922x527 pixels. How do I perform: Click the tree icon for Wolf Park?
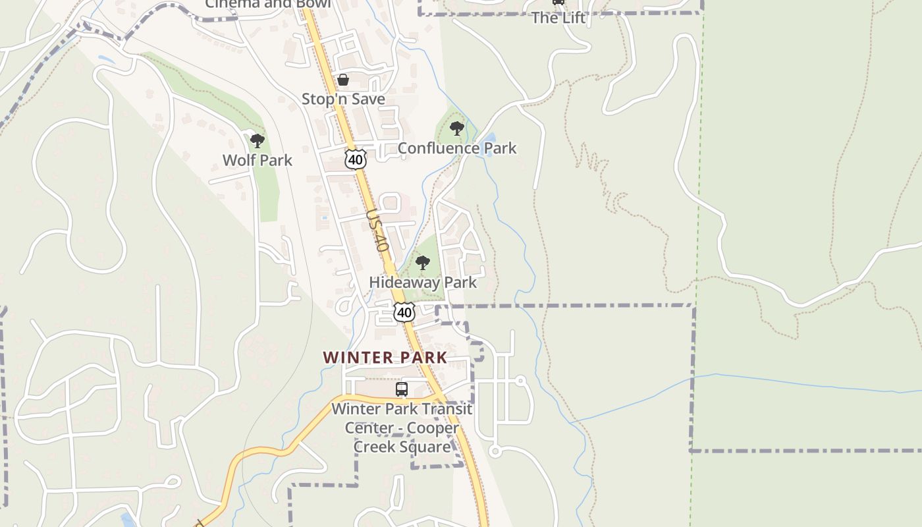(258, 140)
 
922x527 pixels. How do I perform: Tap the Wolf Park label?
(258, 160)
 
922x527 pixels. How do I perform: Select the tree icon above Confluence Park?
(456, 128)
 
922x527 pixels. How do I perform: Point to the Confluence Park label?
(457, 148)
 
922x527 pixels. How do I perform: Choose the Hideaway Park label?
(423, 283)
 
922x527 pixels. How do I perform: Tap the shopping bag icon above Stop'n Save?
(343, 80)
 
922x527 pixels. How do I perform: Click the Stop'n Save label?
(343, 99)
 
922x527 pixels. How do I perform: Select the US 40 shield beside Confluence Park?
(355, 159)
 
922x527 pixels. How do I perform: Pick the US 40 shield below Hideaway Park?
(404, 312)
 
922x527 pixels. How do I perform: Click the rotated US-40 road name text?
(377, 231)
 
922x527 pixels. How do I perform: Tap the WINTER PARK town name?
(385, 358)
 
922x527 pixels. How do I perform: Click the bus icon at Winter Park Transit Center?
(402, 389)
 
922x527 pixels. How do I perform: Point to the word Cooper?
(433, 428)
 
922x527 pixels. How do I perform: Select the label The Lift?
(558, 18)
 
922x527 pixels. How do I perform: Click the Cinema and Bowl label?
(267, 4)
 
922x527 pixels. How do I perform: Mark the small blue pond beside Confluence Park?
(489, 139)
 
